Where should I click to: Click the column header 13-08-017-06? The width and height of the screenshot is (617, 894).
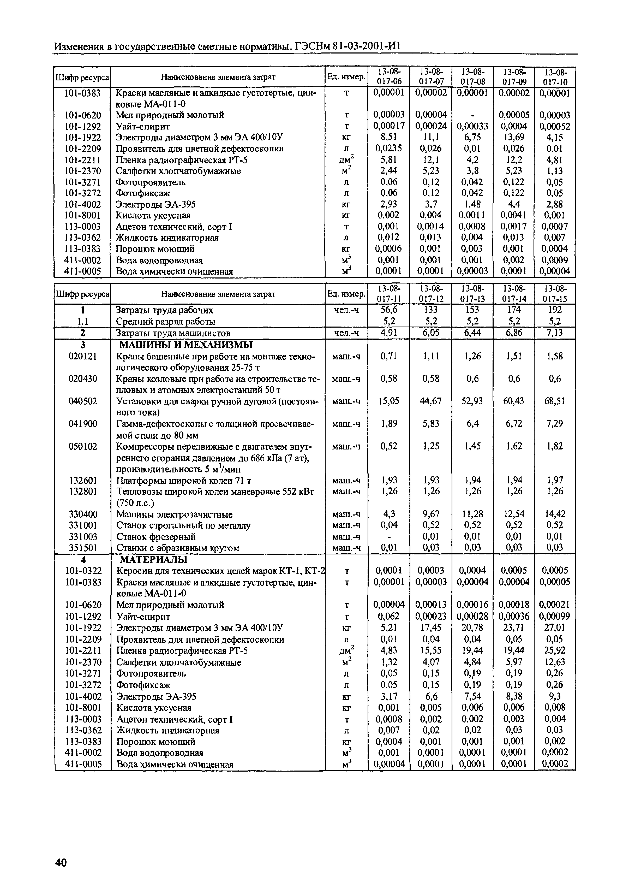(389, 76)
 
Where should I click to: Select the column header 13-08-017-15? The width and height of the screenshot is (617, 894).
(555, 293)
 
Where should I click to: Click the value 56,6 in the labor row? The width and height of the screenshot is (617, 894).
(389, 310)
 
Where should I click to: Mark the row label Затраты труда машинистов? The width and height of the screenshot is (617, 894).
(173, 333)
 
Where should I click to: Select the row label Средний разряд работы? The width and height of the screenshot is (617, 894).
(166, 321)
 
